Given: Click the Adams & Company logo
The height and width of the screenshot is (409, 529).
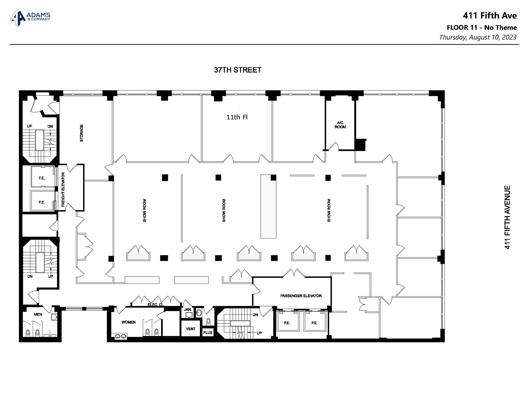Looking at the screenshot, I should point(30,18).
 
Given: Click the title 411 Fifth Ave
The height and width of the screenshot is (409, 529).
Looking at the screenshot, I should point(489,16).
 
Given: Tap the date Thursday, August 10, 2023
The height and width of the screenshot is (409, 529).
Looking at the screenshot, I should point(478,37).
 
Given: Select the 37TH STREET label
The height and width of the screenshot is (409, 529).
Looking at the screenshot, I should point(237,70).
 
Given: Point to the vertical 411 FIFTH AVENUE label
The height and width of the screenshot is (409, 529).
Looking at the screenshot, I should point(507,217).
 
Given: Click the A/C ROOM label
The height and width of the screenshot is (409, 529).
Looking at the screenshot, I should point(340,125).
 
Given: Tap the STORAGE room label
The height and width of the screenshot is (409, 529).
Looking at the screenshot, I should point(81,133).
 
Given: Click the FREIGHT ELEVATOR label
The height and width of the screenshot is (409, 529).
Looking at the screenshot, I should point(63,189).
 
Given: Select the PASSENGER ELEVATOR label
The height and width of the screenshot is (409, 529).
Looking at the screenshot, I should point(301,296).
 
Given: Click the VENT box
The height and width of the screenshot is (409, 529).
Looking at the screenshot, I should point(191,329).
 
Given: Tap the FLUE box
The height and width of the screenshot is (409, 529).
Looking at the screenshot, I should point(208,332).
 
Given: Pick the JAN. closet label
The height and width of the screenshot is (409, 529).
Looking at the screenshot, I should point(188,309).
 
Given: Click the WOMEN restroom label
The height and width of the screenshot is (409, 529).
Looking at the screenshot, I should point(128,322).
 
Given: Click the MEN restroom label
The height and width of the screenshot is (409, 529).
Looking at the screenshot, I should point(38,314).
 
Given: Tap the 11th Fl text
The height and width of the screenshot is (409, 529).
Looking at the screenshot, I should point(237,117).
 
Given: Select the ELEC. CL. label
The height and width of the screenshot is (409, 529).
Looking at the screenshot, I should point(156,305).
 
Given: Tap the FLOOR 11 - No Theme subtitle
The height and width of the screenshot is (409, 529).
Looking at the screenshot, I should point(482,27).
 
